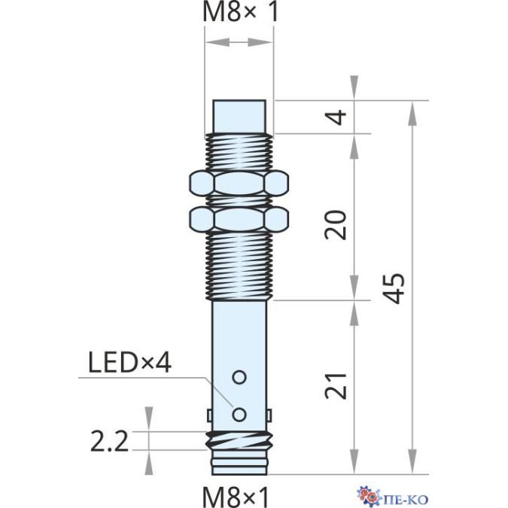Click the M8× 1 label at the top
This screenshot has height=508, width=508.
(240, 11)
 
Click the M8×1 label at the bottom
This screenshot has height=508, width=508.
(236, 496)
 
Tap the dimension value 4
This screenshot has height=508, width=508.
(337, 117)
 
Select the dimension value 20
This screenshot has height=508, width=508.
(336, 225)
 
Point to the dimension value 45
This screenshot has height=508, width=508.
(394, 288)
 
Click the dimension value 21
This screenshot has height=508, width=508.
(336, 386)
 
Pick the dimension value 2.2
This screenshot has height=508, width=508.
(109, 441)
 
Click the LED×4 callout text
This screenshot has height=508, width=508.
(129, 362)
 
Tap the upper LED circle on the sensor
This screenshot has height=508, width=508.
(239, 377)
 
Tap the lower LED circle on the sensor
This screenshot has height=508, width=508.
(239, 415)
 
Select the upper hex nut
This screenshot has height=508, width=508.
(239, 184)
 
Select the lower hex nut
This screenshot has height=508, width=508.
(239, 219)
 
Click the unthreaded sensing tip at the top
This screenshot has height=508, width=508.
(239, 117)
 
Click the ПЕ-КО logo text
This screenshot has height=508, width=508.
(408, 499)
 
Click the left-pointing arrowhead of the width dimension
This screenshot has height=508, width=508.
(218, 42)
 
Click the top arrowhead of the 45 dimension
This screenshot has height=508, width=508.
(412, 113)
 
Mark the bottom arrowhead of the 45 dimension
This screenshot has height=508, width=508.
(412, 461)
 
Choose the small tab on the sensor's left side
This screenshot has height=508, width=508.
(210, 415)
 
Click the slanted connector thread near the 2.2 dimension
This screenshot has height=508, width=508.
(239, 440)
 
